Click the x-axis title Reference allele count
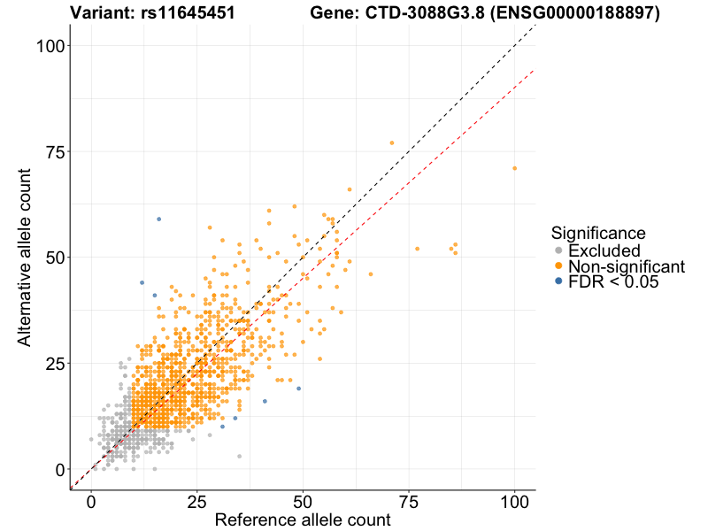303,519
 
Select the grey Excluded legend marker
558,250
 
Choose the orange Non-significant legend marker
558,265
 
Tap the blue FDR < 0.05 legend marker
558,281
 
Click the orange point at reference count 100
514,168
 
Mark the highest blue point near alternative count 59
159,219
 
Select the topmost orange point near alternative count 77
392,142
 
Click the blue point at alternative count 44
142,282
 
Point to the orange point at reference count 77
418,249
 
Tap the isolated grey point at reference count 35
239,456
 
